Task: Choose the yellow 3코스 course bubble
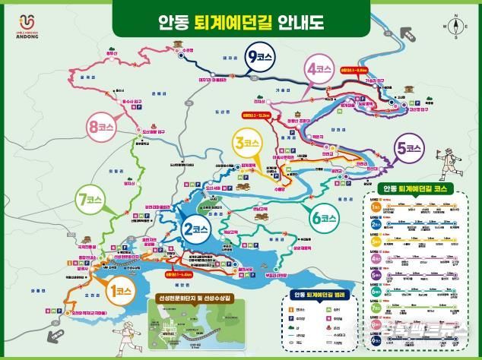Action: (x=248, y=141)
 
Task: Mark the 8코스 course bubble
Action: (x=101, y=128)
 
